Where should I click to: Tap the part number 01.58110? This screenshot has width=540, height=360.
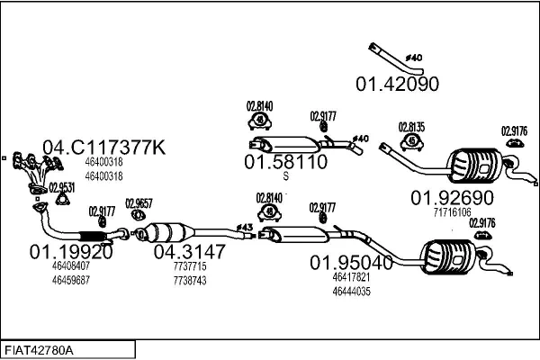pyautogui.click(x=285, y=162)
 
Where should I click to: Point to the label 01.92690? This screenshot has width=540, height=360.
pyautogui.click(x=453, y=197)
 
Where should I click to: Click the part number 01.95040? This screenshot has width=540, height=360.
pyautogui.click(x=351, y=263)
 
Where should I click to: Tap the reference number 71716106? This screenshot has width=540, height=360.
pyautogui.click(x=453, y=212)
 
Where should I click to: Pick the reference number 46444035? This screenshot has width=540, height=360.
pyautogui.click(x=351, y=291)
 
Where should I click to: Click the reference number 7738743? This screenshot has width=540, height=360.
pyautogui.click(x=190, y=280)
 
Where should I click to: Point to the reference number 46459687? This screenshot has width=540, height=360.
pyautogui.click(x=71, y=280)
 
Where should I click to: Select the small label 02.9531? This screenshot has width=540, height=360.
pyautogui.click(x=61, y=187)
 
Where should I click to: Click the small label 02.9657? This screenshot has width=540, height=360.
pyautogui.click(x=139, y=202)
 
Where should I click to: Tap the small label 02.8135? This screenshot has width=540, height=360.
pyautogui.click(x=410, y=127)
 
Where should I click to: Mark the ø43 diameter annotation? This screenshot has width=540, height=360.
pyautogui.click(x=244, y=226)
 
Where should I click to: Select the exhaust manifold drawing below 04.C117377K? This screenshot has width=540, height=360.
pyautogui.click(x=40, y=171)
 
